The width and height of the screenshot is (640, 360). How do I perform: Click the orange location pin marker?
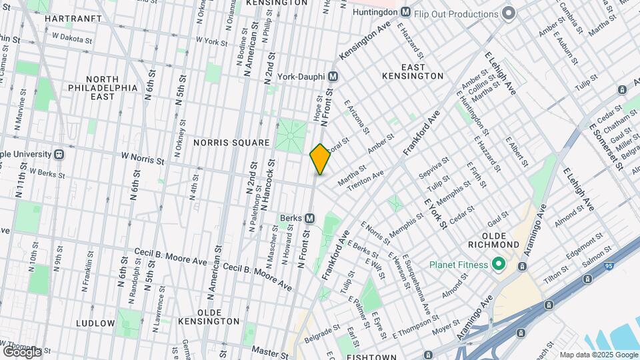[320, 159]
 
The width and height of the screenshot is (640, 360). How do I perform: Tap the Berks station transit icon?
[309, 218]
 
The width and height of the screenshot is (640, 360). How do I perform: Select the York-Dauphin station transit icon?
[333, 76]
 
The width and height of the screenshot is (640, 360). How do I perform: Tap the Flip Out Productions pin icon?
[509, 13]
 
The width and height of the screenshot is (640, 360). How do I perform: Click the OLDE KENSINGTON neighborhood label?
[209, 317]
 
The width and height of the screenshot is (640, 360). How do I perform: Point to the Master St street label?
[269, 349]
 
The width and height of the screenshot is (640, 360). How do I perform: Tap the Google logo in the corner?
[21, 351]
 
